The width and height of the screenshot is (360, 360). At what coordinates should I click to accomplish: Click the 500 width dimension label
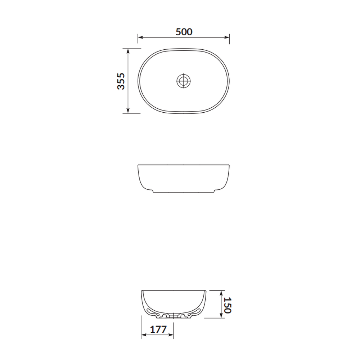click(184, 32)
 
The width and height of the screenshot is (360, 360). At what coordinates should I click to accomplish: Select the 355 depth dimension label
click(121, 81)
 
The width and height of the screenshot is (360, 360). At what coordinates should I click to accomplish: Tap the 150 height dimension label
click(227, 305)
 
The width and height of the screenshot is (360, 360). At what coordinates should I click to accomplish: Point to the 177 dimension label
click(158, 330)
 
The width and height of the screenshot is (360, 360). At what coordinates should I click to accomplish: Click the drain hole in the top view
click(184, 81)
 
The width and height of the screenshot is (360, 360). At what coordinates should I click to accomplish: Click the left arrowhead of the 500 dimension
click(140, 37)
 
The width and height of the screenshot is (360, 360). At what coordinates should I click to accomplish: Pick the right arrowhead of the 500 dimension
click(227, 37)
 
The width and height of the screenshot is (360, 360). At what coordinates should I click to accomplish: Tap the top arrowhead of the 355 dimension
click(128, 51)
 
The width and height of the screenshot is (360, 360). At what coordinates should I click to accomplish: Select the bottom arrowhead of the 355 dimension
click(128, 111)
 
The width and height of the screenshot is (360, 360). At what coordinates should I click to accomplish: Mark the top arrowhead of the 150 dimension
click(221, 293)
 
